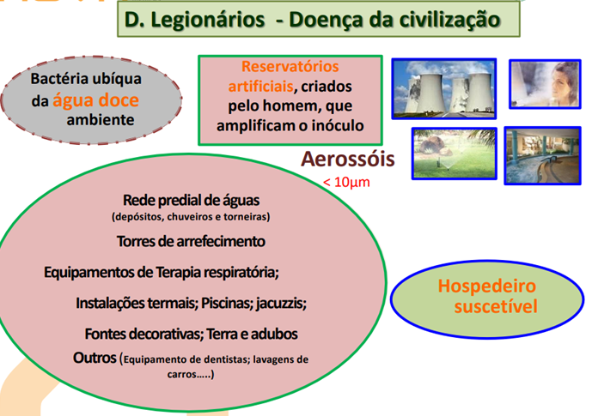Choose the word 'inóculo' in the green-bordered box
click(x=332, y=125)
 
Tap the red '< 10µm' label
click(x=347, y=182)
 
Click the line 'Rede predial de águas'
click(x=191, y=200)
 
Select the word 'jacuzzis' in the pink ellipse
click(x=280, y=303)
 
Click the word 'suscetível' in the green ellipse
click(x=487, y=306)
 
